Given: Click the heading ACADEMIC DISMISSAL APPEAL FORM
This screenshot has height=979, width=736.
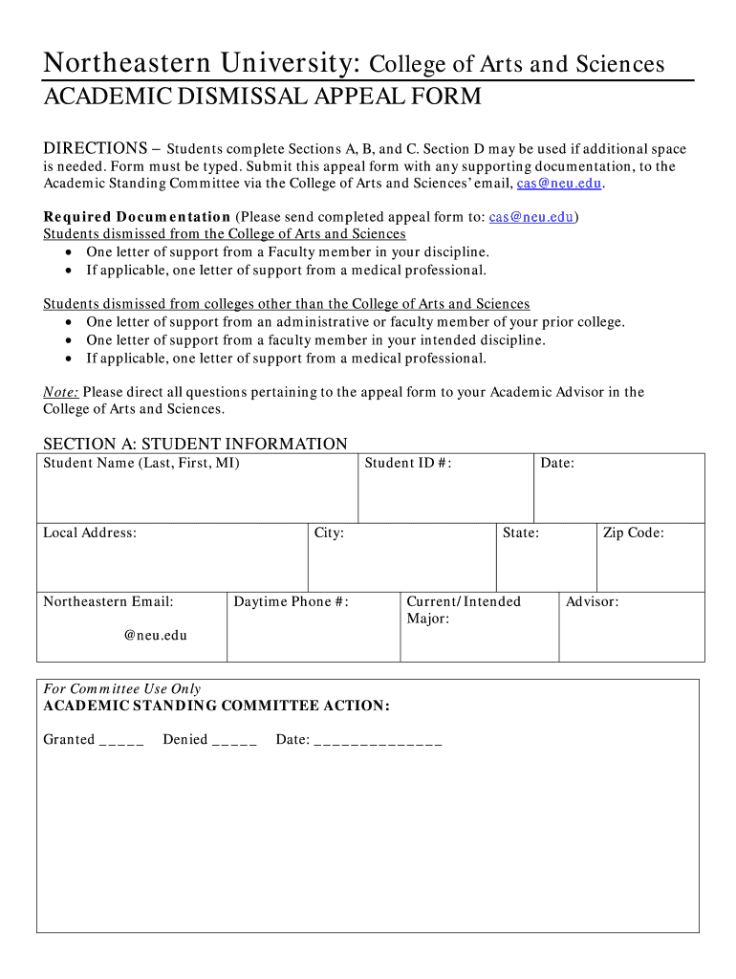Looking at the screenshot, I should tap(262, 98).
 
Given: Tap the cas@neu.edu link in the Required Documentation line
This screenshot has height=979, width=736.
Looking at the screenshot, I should tap(531, 217).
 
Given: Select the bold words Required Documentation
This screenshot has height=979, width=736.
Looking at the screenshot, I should tap(137, 217).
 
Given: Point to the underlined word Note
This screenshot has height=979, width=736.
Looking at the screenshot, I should tap(61, 392).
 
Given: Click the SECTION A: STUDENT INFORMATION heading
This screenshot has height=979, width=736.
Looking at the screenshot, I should tap(195, 444).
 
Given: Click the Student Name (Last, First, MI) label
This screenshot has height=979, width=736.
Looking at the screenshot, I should tap(141, 464).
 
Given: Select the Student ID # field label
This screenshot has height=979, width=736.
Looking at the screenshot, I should tap(407, 464).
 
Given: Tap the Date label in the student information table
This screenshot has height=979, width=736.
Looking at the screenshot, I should tap(557, 464).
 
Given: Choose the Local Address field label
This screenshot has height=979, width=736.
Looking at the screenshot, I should tap(90, 533).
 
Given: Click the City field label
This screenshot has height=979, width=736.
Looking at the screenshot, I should tap(329, 533).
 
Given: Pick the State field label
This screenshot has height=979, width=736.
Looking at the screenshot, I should tap(521, 533).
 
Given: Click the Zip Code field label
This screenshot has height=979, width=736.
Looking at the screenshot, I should tap(633, 533).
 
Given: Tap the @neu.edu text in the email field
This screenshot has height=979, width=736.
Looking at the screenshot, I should tap(156, 635).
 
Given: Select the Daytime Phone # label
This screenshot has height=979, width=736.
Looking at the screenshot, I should tap(292, 602).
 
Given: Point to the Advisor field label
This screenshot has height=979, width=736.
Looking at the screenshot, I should tap(592, 602).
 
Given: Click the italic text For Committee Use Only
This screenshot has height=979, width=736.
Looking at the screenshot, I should tap(122, 689).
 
